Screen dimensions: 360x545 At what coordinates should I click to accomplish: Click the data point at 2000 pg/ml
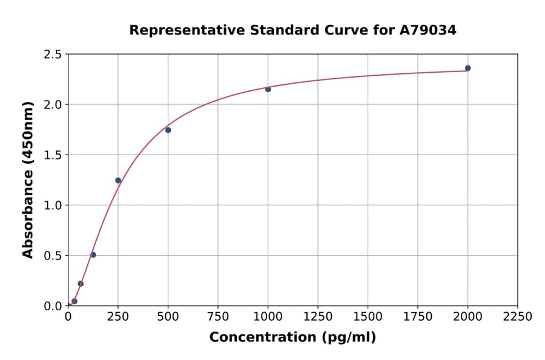(x=467, y=68)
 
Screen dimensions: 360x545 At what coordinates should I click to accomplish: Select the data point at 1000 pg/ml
(x=268, y=89)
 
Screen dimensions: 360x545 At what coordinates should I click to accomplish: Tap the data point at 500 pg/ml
(x=168, y=130)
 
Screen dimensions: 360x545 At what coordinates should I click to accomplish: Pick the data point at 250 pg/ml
(x=118, y=180)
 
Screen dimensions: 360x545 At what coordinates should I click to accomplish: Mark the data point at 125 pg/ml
(x=93, y=255)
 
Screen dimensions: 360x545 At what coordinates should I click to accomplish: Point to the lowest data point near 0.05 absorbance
(x=74, y=301)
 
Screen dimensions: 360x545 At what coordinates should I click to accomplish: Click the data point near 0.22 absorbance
(x=81, y=284)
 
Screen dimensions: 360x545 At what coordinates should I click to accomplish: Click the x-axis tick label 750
(x=218, y=317)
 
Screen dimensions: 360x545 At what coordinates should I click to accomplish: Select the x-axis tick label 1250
(x=318, y=317)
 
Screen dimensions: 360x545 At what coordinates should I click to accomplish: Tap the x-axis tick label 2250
(x=518, y=317)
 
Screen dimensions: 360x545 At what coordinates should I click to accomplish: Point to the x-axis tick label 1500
(x=368, y=317)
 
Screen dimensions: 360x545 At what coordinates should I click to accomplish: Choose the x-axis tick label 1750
(x=418, y=317)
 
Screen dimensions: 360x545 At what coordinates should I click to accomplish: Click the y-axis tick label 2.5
(x=53, y=55)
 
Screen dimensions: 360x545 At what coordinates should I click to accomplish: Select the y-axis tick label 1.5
(x=53, y=155)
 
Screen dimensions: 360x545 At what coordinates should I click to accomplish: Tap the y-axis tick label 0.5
(x=53, y=256)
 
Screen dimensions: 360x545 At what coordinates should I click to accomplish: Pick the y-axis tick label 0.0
(x=53, y=306)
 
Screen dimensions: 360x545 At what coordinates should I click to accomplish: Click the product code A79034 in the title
(x=428, y=30)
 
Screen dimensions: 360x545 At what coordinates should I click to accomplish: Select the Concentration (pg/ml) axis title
(x=292, y=338)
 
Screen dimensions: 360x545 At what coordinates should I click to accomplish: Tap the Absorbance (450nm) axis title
(x=28, y=179)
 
